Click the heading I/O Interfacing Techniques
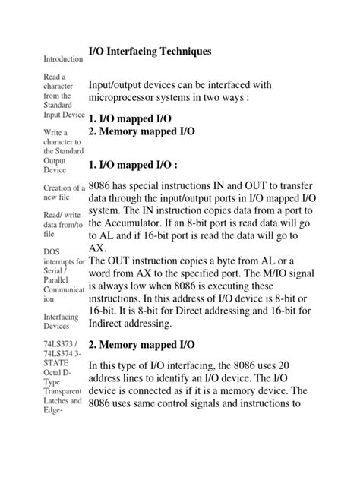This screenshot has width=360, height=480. point(149,51)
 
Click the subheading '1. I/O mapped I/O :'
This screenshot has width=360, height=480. point(141,164)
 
